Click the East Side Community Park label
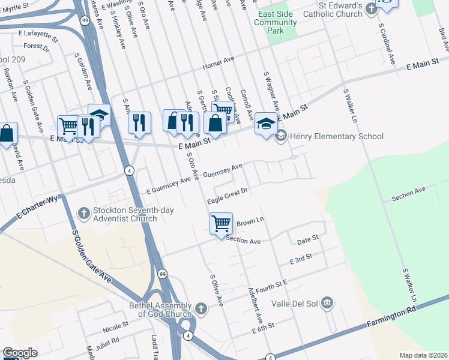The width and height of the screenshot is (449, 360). click(x=276, y=23)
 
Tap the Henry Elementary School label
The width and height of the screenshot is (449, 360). click(x=336, y=137)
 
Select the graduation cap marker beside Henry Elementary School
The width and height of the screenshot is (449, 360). click(x=266, y=124)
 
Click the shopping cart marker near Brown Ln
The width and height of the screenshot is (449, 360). click(x=221, y=223)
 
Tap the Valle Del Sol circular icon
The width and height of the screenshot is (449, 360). click(x=327, y=302)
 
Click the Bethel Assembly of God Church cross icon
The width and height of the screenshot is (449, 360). click(x=201, y=310)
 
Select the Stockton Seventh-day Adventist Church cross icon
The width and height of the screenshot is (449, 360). click(x=85, y=213)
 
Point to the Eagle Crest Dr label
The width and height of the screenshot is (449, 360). click(x=228, y=196)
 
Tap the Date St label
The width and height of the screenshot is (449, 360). click(x=307, y=240)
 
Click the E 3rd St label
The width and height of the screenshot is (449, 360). click(x=301, y=259)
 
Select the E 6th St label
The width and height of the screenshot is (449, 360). click(x=263, y=329)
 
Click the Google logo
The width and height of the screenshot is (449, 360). click(x=20, y=353)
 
